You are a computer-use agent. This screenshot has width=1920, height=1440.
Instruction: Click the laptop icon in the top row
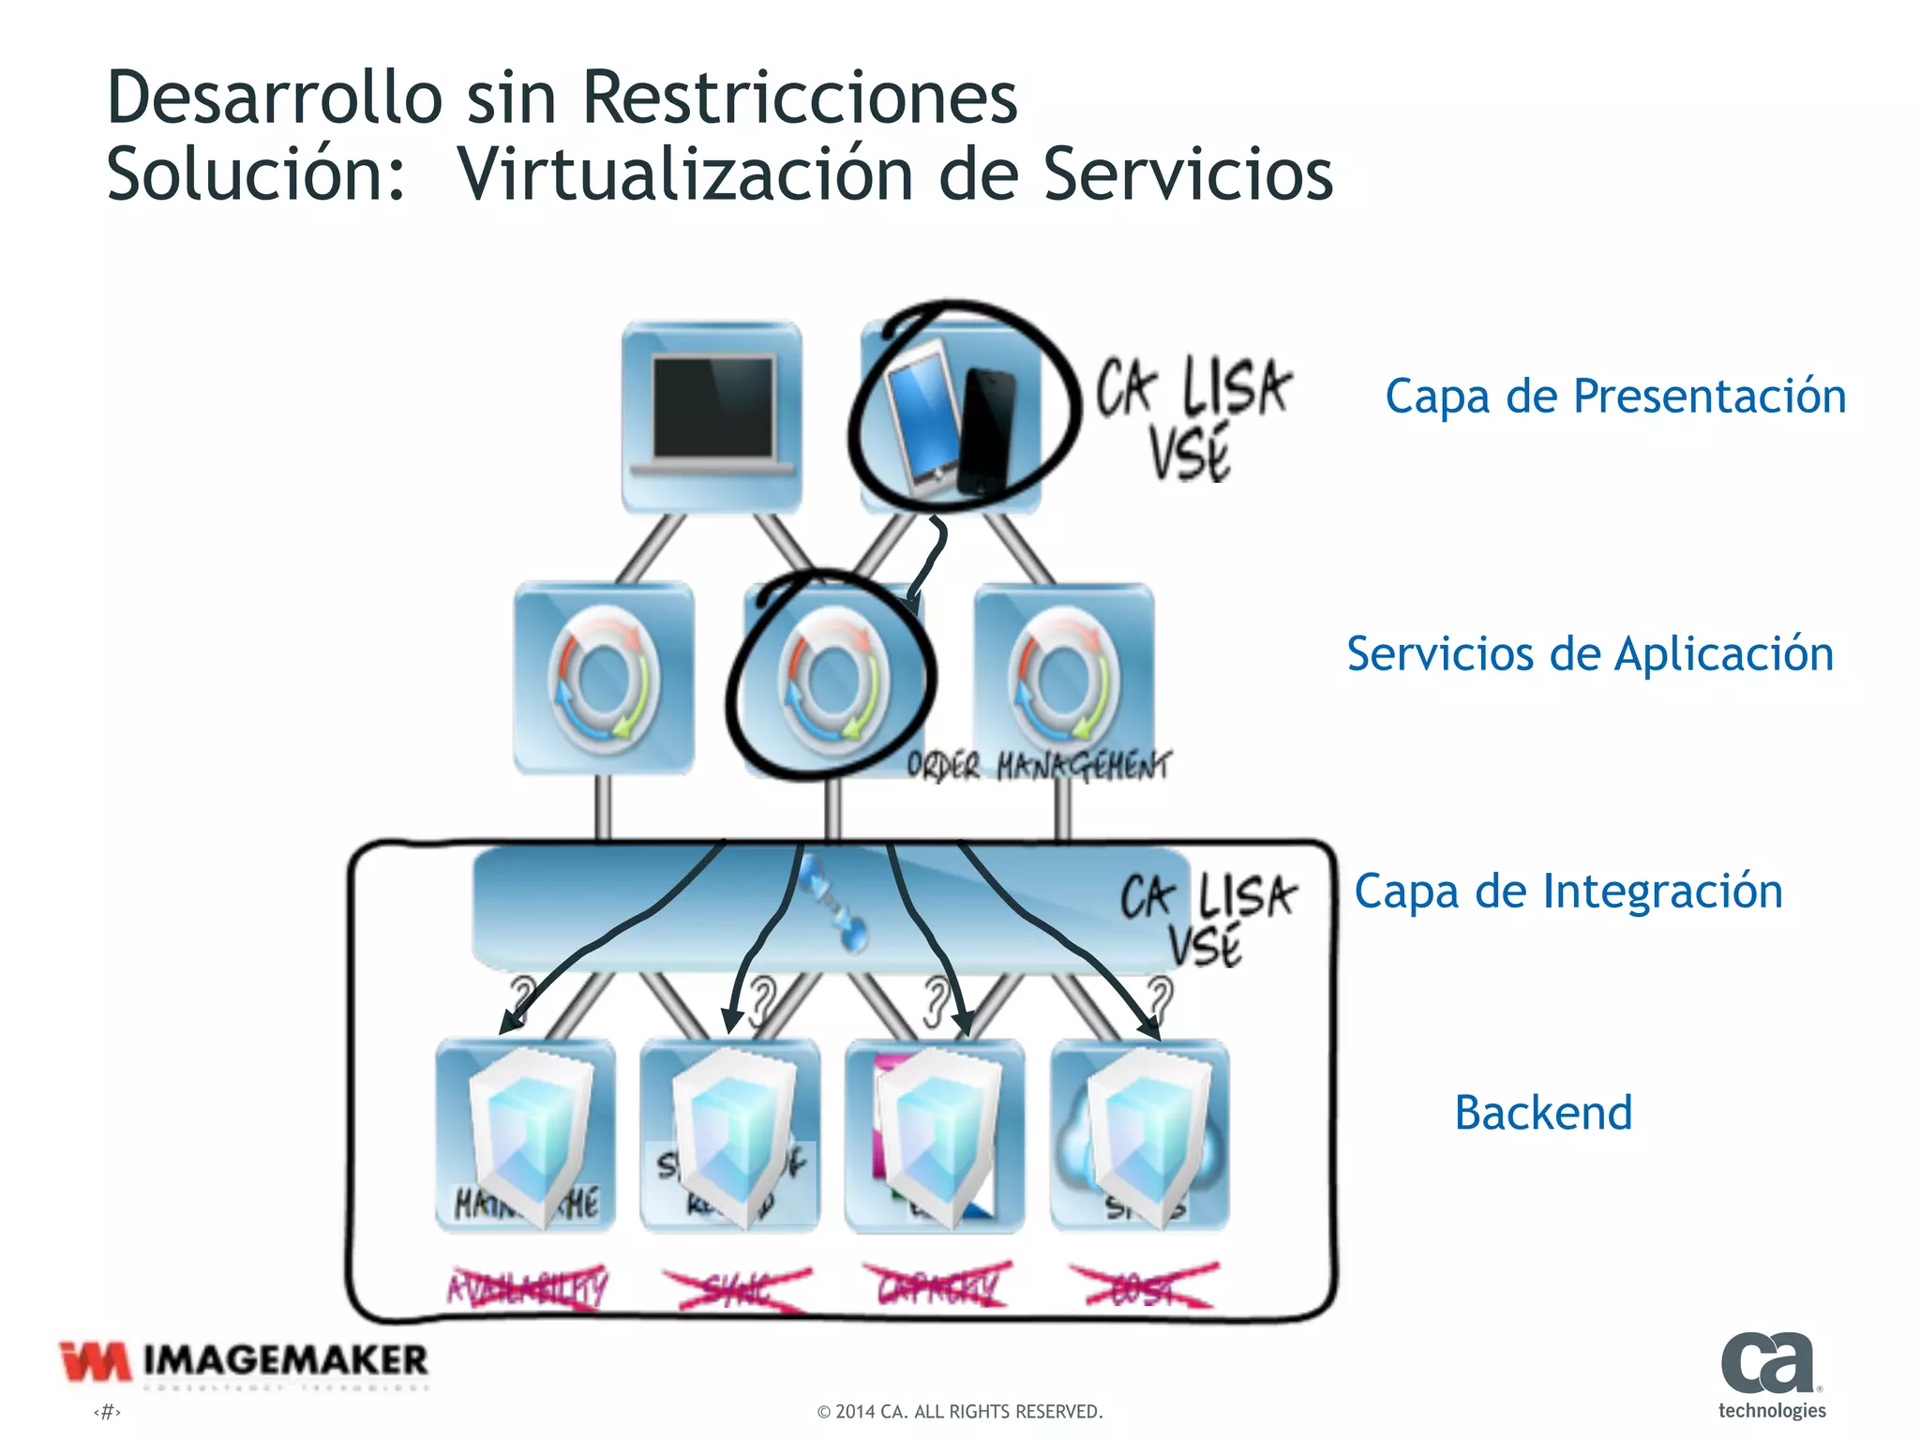pyautogui.click(x=712, y=415)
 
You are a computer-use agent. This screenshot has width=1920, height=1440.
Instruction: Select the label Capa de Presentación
pyautogui.click(x=1615, y=397)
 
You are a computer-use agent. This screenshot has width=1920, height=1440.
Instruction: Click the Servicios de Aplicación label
pyautogui.click(x=1590, y=653)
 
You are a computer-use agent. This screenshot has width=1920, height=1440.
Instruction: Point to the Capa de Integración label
pyautogui.click(x=1568, y=891)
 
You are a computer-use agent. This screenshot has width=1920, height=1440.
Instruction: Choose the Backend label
pyautogui.click(x=1543, y=1113)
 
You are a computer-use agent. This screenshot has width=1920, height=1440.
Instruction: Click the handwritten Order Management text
pyautogui.click(x=1039, y=766)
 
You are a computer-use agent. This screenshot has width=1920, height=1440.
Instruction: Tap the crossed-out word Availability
pyautogui.click(x=528, y=1288)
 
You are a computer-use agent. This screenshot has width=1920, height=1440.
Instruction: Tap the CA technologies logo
pyautogui.click(x=1771, y=1374)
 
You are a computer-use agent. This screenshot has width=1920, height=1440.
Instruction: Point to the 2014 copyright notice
pyautogui.click(x=960, y=1412)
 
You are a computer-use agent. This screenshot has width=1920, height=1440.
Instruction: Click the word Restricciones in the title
pyautogui.click(x=800, y=97)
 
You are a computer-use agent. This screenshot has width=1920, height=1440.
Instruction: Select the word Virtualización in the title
pyautogui.click(x=684, y=174)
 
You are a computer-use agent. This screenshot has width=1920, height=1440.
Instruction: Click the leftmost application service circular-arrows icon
pyautogui.click(x=604, y=680)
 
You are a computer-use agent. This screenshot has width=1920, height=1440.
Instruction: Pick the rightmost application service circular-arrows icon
pyautogui.click(x=1064, y=680)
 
